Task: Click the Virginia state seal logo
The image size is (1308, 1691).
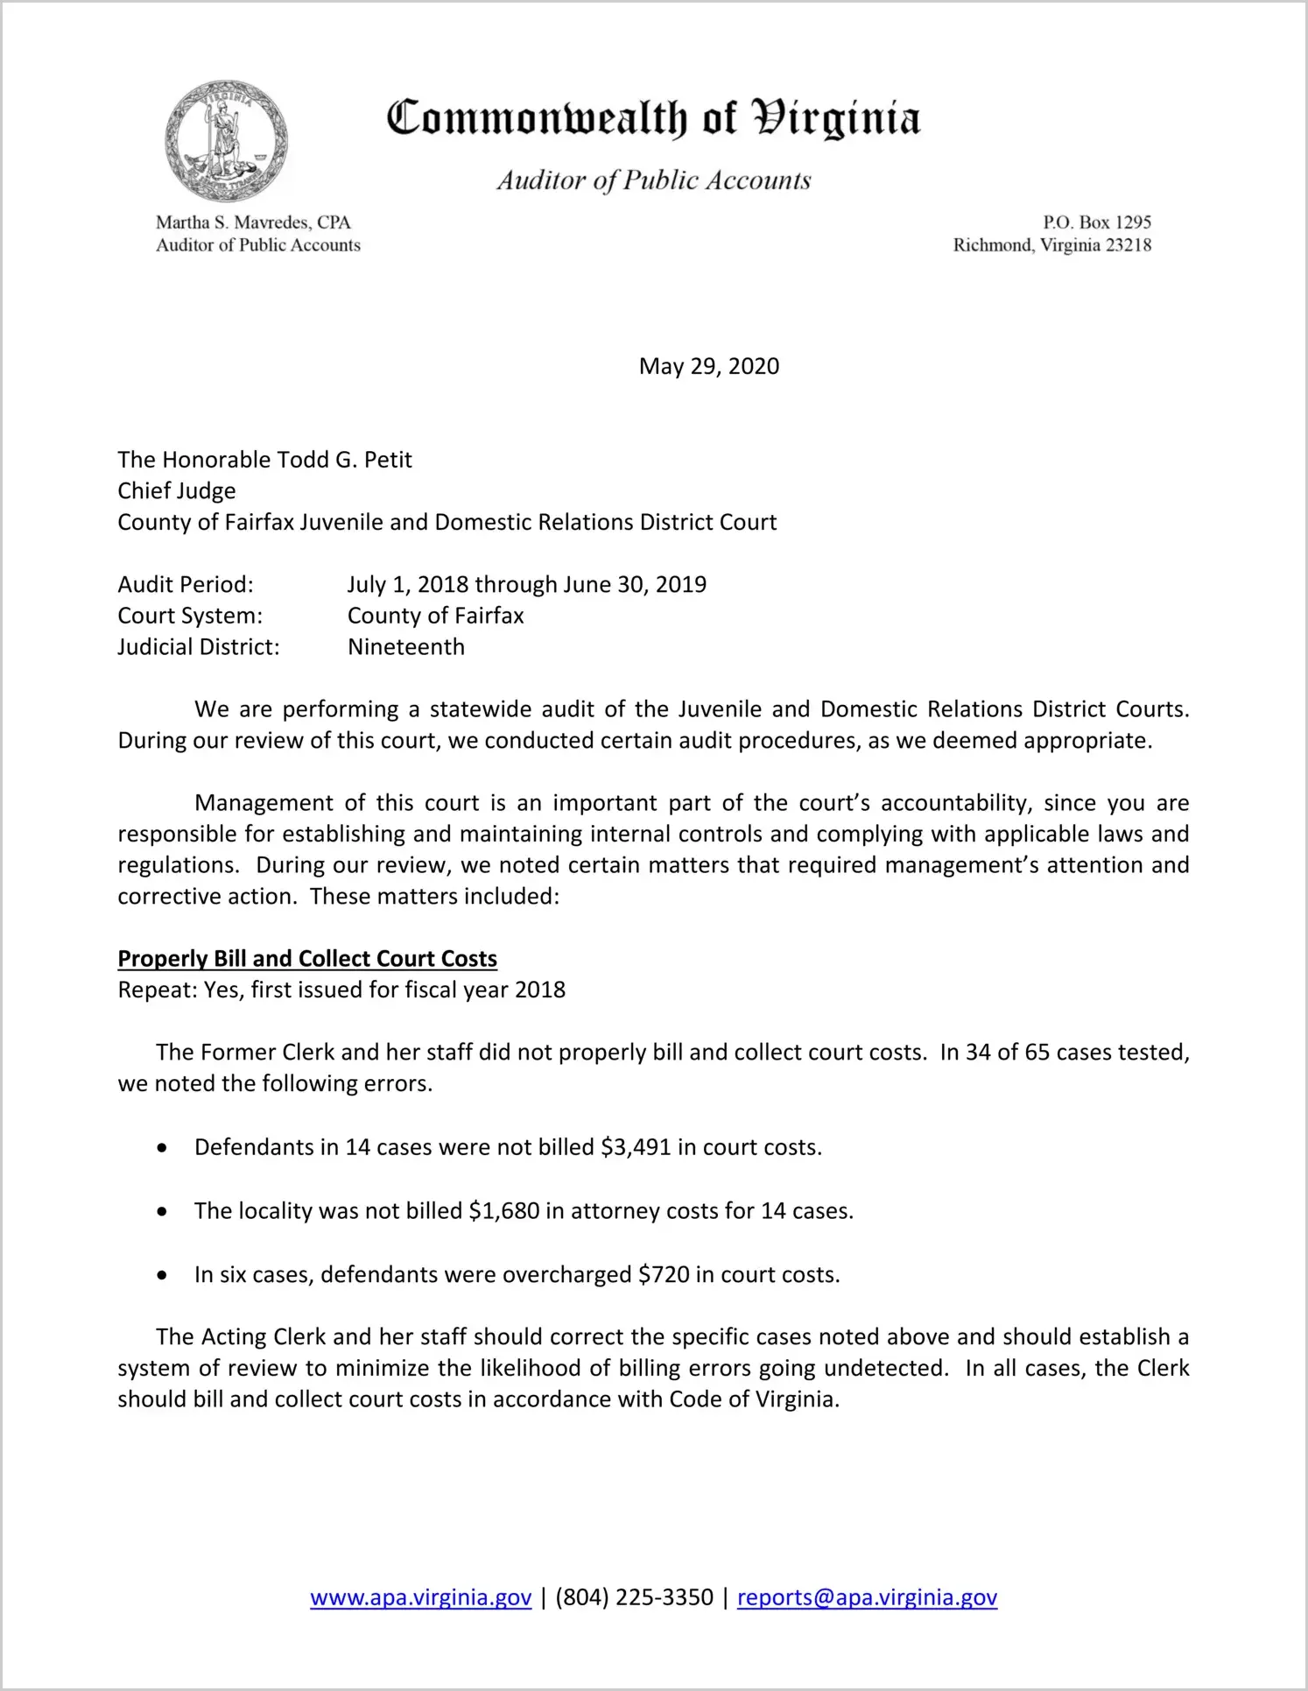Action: click(226, 141)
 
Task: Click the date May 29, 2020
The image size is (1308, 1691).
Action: click(708, 366)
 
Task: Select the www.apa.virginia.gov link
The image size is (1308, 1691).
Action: click(420, 1597)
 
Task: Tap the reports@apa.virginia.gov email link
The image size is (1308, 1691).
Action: click(867, 1597)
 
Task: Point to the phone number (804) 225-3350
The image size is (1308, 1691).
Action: click(634, 1597)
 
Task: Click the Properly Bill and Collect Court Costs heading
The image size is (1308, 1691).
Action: click(307, 959)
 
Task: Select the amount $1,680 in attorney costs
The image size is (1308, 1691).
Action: click(503, 1211)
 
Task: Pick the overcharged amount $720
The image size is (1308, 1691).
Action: click(664, 1274)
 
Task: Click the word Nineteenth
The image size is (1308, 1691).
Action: click(406, 647)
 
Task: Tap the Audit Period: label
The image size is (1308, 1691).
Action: click(186, 584)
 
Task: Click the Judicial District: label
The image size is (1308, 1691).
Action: click(199, 647)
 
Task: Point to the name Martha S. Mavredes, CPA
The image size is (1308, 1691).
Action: click(253, 222)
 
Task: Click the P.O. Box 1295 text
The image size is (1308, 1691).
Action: click(1096, 222)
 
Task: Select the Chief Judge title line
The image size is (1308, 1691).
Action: click(177, 490)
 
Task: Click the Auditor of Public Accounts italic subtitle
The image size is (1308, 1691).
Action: click(654, 180)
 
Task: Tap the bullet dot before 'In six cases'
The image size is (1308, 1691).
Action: click(162, 1275)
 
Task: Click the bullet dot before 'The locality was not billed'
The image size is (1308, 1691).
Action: click(162, 1212)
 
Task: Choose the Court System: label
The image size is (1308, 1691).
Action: click(190, 616)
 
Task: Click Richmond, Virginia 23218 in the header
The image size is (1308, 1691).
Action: click(1051, 245)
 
